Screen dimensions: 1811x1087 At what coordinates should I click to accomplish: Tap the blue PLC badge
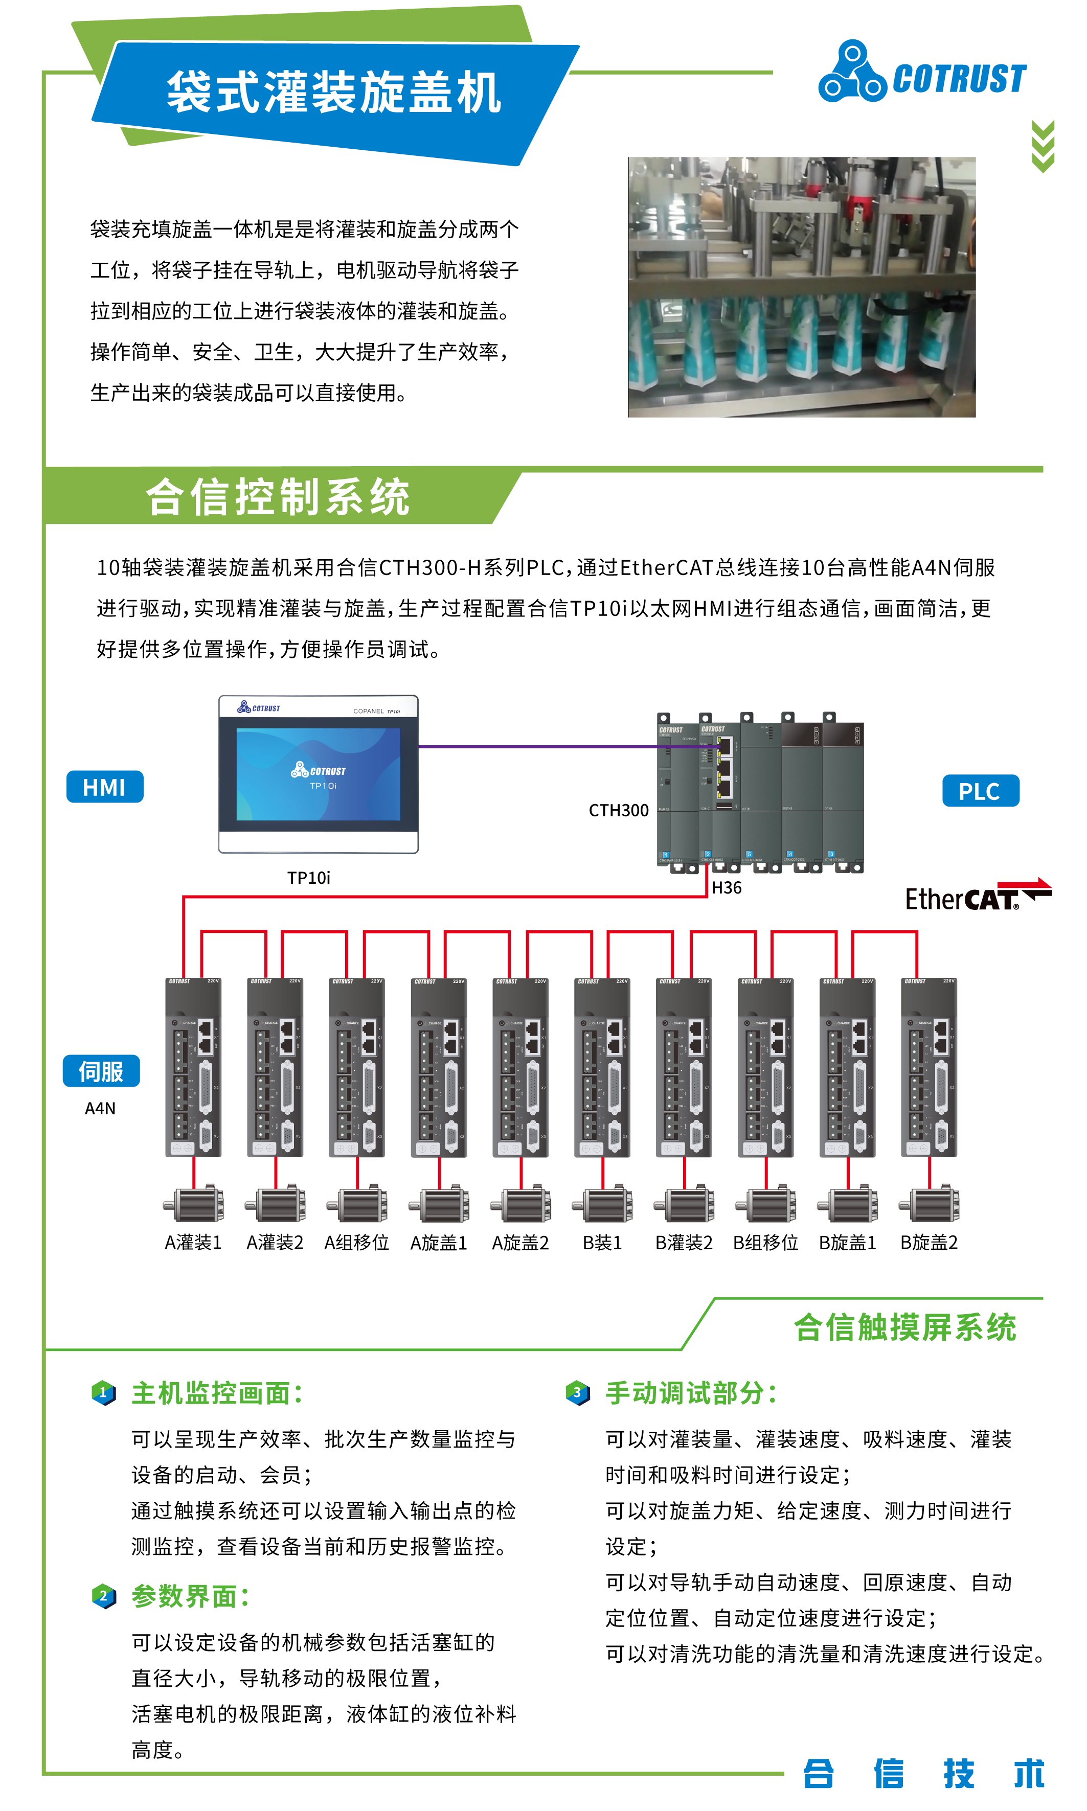pyautogui.click(x=980, y=791)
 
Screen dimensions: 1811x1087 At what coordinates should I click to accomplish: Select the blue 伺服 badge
pyautogui.click(x=101, y=1071)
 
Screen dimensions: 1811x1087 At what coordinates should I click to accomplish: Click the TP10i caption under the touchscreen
pyautogui.click(x=308, y=877)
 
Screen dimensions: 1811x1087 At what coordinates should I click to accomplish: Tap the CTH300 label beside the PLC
pyautogui.click(x=618, y=810)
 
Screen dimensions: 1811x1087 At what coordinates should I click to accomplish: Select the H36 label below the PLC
pyautogui.click(x=727, y=887)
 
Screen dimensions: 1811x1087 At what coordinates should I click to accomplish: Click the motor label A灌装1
pyautogui.click(x=193, y=1242)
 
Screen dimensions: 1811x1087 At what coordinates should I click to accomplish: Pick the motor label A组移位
pyautogui.click(x=357, y=1242)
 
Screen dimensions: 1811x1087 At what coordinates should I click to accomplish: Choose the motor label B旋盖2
pyautogui.click(x=929, y=1242)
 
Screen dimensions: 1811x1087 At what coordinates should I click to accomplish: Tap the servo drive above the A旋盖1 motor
pyautogui.click(x=439, y=1067)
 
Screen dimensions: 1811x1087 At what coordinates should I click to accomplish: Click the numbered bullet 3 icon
pyautogui.click(x=578, y=1392)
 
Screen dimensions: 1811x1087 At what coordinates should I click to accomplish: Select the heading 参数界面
pyautogui.click(x=190, y=1596)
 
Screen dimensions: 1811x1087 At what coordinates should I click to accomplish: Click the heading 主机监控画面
pyautogui.click(x=217, y=1393)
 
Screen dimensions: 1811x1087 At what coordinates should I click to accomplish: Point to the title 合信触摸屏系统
pyautogui.click(x=905, y=1327)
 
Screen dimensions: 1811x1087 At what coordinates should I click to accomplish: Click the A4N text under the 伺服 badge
pyautogui.click(x=100, y=1108)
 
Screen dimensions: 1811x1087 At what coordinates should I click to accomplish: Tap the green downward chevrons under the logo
pyautogui.click(x=1043, y=147)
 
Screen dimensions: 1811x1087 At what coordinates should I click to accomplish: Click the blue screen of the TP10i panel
pyautogui.click(x=318, y=774)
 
